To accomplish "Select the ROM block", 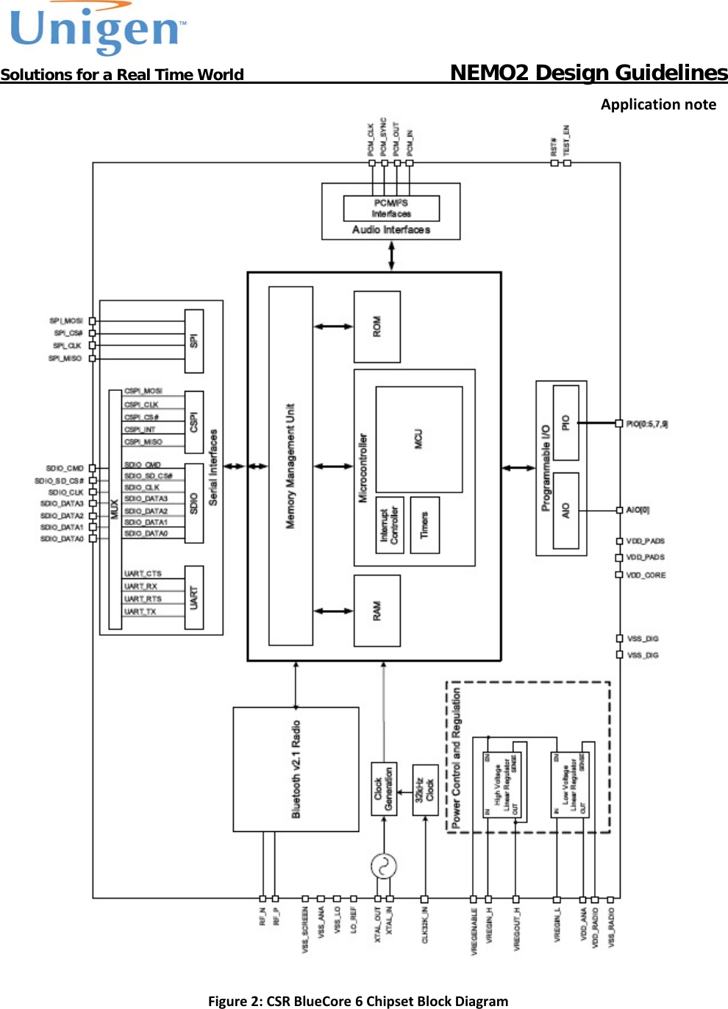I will [x=377, y=326].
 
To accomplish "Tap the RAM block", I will [x=377, y=610].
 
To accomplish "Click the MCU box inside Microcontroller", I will [x=419, y=439].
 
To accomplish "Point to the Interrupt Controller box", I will [x=389, y=525].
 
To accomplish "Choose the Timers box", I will [x=424, y=525].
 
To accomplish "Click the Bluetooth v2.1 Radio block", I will [x=296, y=769].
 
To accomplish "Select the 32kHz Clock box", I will [x=425, y=790].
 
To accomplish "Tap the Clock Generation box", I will [x=384, y=789].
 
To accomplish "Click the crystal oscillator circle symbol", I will [x=384, y=866].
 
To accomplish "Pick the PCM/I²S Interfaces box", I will [x=391, y=208].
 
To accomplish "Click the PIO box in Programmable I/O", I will [x=565, y=423].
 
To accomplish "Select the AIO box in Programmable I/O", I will [x=565, y=510].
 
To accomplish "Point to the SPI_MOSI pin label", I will [x=65, y=321].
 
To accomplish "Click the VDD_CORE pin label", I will [x=646, y=575].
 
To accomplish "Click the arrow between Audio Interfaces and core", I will [x=391, y=256].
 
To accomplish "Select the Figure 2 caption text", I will [x=358, y=1001].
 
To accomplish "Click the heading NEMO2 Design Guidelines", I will [x=588, y=72].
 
